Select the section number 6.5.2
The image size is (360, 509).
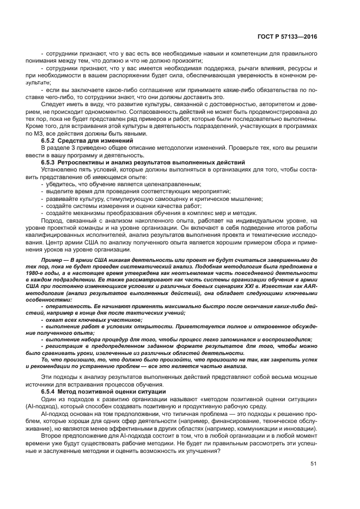[x=51, y=140]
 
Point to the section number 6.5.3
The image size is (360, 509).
[x=51, y=162]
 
